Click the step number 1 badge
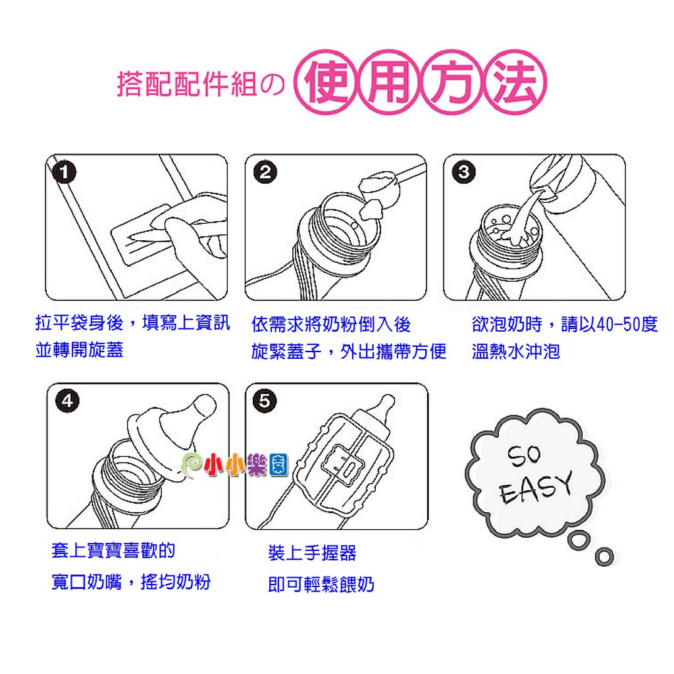click(64, 172)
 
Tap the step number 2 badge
click(265, 172)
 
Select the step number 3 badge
click(463, 172)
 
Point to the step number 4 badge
click(68, 401)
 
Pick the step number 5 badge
click(265, 401)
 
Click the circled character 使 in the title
click(325, 82)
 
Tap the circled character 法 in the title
click(515, 82)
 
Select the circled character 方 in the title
click(452, 82)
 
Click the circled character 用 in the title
click(388, 82)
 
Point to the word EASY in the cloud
click(537, 488)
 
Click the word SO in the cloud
click(524, 455)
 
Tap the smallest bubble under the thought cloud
click(604, 557)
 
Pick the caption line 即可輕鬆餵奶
click(321, 584)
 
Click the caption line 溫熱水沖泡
click(516, 351)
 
